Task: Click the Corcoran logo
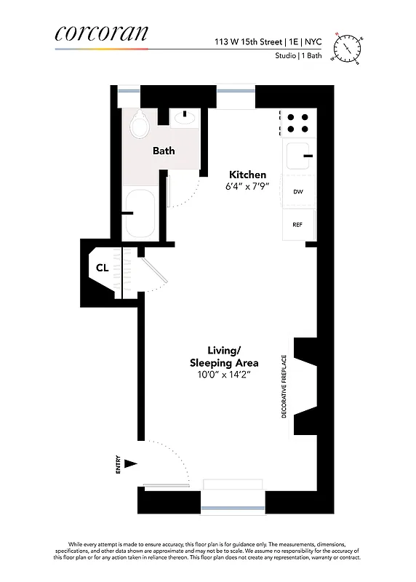point(101,33)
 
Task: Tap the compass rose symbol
point(348,47)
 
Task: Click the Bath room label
point(163,151)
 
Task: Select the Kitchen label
point(247,175)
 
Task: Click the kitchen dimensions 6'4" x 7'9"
point(247,187)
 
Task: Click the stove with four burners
point(297,122)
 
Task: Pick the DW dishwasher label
point(297,192)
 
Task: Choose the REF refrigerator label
point(297,225)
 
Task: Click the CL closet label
point(103,268)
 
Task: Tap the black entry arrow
point(131,463)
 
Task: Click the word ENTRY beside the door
point(118,466)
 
